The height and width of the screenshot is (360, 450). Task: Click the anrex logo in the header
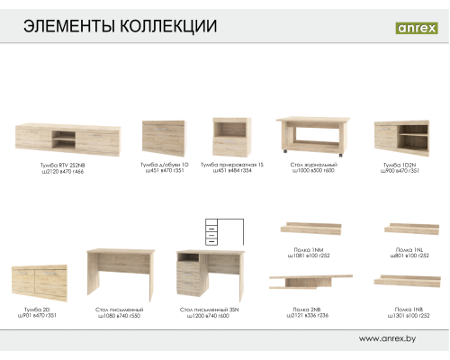(416, 27)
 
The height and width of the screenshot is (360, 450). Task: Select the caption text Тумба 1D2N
(400, 166)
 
